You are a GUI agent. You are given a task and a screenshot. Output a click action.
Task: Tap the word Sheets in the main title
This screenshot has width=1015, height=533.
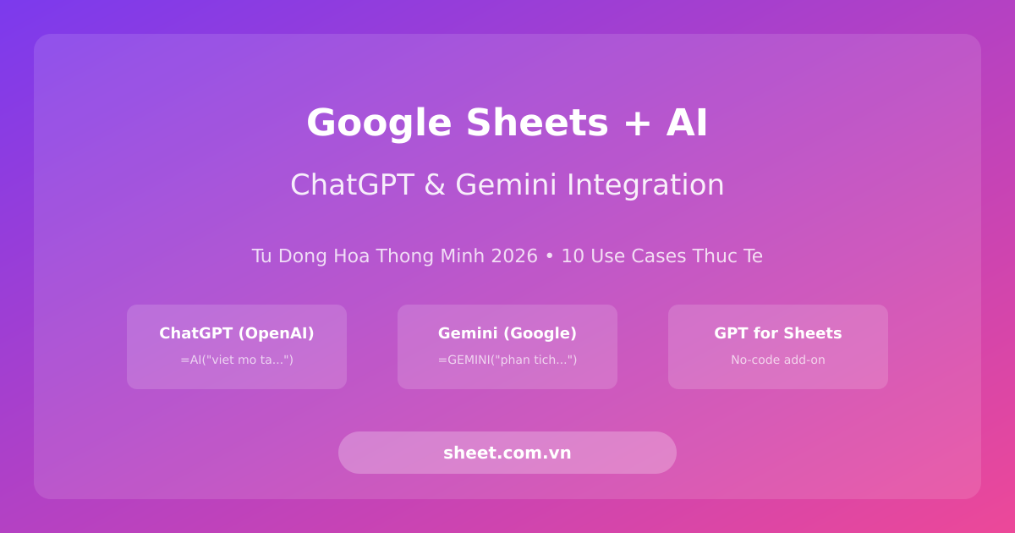[537, 123]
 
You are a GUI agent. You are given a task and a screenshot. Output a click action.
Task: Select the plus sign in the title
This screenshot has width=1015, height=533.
[637, 123]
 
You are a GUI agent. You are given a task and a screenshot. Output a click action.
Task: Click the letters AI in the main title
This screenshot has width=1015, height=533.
[687, 123]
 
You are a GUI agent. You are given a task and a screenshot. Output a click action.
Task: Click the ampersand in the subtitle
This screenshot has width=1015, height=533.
[434, 184]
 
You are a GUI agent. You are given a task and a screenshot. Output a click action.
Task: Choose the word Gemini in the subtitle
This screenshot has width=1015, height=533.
[506, 184]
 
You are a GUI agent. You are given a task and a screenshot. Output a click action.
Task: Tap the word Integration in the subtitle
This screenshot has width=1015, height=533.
[645, 184]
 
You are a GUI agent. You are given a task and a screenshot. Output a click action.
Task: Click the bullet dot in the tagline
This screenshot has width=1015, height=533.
[549, 256]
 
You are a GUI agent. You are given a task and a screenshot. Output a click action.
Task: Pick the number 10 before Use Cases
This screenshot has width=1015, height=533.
[573, 256]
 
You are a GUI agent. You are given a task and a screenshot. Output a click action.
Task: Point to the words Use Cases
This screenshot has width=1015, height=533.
[635, 256]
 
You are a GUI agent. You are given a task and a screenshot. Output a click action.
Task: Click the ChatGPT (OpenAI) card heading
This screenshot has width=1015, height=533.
[237, 333]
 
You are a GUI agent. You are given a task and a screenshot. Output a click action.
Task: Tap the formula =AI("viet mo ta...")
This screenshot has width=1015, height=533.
[237, 360]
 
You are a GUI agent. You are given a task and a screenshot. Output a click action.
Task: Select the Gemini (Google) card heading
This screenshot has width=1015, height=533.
[507, 333]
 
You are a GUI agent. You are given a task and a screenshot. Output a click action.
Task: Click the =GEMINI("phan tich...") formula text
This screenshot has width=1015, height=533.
[507, 360]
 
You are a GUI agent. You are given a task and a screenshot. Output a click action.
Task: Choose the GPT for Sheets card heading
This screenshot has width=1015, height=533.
[778, 333]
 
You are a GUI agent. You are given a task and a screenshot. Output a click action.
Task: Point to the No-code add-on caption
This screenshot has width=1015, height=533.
[778, 360]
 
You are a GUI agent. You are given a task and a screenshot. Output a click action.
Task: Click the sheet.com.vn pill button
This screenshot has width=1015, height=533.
[507, 453]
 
